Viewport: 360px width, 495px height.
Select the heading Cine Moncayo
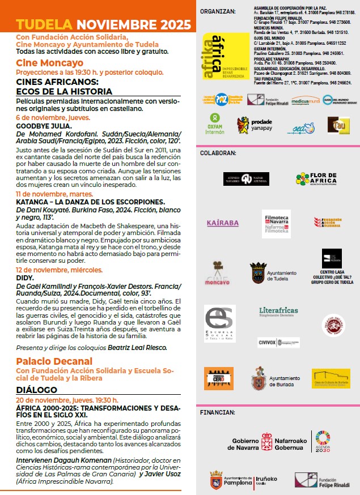pos(49,62)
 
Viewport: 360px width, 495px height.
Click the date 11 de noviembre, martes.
pos(53,193)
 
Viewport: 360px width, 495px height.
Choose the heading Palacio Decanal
pos(54,361)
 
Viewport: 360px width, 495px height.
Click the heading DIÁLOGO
pos(37,390)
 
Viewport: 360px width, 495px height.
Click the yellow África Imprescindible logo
pos(226,56)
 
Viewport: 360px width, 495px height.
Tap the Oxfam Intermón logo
pos(214,123)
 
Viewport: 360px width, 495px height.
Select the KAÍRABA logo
pos(222,223)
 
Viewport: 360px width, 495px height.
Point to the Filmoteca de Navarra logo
pos(276,223)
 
